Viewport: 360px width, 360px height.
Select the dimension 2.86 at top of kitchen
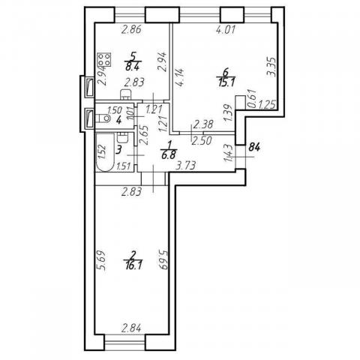click(132, 31)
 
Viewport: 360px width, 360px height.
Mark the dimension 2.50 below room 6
click(200, 139)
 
